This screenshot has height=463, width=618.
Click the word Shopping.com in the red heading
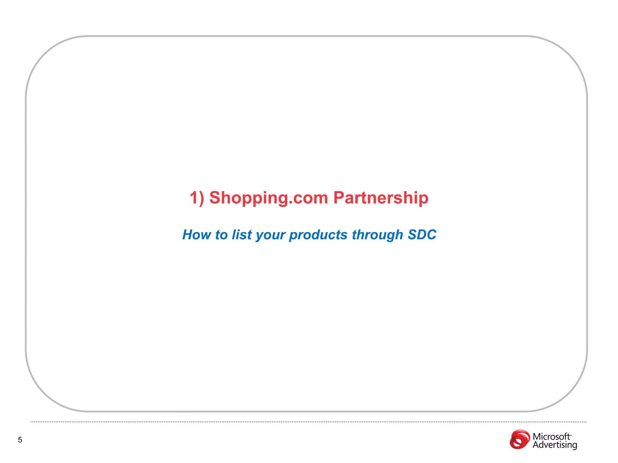tap(269, 198)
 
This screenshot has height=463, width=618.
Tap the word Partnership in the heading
tap(381, 198)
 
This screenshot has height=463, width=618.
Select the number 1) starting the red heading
tap(197, 198)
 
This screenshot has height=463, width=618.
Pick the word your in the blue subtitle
tap(270, 235)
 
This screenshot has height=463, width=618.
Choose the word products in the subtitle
tap(318, 235)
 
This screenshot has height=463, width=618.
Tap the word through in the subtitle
tap(377, 235)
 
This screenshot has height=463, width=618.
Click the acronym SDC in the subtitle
tap(422, 235)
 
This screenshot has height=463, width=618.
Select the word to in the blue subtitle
tap(221, 235)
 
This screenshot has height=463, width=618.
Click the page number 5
tap(20, 440)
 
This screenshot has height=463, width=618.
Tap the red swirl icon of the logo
tap(520, 439)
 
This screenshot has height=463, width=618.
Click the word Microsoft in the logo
tap(551, 436)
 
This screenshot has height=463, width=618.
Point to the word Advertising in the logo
tap(555, 445)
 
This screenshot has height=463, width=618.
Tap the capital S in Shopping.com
tap(215, 198)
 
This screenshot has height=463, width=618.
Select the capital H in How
tap(188, 235)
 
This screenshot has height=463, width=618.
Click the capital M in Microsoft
tap(537, 436)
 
